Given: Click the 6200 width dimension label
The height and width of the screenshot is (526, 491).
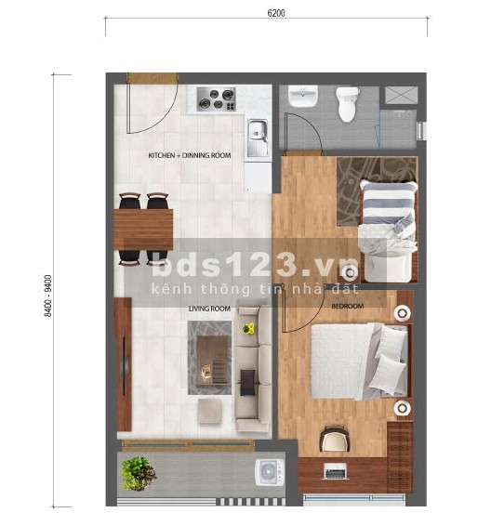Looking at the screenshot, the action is pyautogui.click(x=276, y=13).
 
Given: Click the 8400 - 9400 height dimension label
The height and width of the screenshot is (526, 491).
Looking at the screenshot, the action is pyautogui.click(x=48, y=296).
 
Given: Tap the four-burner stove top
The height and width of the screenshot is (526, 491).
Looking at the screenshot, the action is pyautogui.click(x=216, y=99).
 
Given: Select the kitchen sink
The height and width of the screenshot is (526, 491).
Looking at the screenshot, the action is pyautogui.click(x=258, y=138).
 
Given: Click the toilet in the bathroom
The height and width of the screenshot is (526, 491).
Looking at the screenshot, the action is pyautogui.click(x=348, y=104).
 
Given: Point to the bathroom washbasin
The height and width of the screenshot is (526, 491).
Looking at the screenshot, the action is pyautogui.click(x=303, y=96).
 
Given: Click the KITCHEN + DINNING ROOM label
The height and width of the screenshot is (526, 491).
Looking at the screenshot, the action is pyautogui.click(x=190, y=155).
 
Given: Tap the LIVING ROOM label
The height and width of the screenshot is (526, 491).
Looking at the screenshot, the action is pyautogui.click(x=209, y=309).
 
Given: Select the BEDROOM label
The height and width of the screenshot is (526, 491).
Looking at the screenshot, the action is pyautogui.click(x=348, y=306).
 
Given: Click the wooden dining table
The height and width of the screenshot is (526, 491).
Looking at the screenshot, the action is pyautogui.click(x=143, y=230).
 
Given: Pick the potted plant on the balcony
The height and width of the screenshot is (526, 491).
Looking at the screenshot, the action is pyautogui.click(x=138, y=473).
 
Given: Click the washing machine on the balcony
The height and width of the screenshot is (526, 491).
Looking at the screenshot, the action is pyautogui.click(x=269, y=472).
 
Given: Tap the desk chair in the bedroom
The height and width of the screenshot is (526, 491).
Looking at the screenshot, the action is pyautogui.click(x=335, y=438).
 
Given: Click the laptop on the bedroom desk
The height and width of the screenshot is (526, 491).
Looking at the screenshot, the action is pyautogui.click(x=335, y=470).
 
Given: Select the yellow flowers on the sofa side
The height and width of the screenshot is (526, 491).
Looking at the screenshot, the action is pyautogui.click(x=248, y=328).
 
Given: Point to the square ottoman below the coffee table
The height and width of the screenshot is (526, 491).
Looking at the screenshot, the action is pyautogui.click(x=210, y=411).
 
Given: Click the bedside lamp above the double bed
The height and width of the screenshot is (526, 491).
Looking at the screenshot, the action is pyautogui.click(x=403, y=313).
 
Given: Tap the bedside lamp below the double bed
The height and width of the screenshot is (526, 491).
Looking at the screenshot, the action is pyautogui.click(x=402, y=408).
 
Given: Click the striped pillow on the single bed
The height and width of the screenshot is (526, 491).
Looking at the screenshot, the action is pyautogui.click(x=389, y=199).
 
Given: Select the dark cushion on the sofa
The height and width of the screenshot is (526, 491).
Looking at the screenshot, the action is pyautogui.click(x=247, y=382).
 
